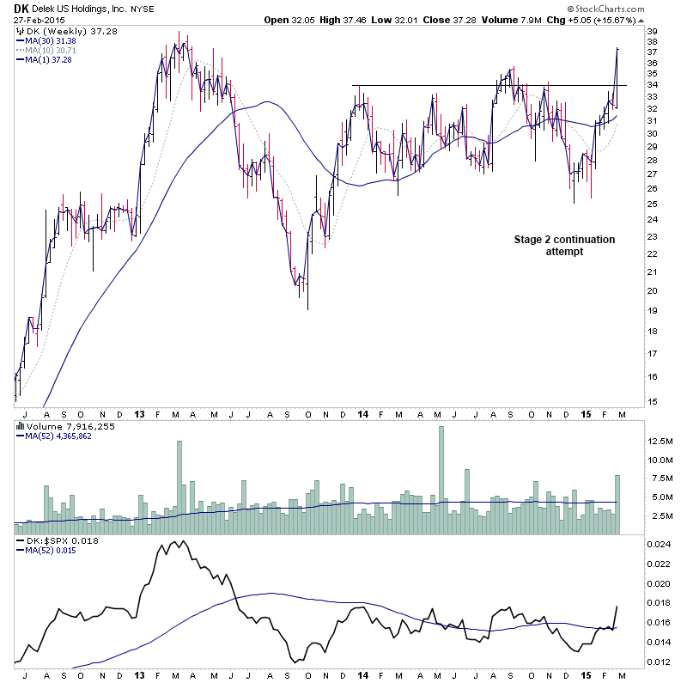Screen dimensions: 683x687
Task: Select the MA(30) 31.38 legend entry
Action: pyautogui.click(x=51, y=41)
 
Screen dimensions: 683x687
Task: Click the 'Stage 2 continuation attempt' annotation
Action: pyautogui.click(x=564, y=245)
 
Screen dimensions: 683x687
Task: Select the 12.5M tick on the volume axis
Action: pyautogui.click(x=660, y=441)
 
